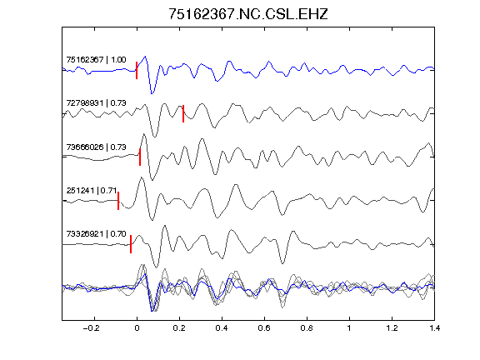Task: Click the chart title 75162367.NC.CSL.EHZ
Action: click(x=248, y=14)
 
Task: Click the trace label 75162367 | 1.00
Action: click(x=96, y=59)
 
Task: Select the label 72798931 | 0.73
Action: click(x=96, y=102)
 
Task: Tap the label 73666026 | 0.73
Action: click(x=96, y=147)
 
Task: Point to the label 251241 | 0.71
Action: click(x=92, y=190)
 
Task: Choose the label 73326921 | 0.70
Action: click(x=96, y=234)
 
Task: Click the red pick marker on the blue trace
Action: click(x=137, y=70)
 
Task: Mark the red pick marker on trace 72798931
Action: click(x=183, y=113)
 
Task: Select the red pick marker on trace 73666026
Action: click(x=140, y=157)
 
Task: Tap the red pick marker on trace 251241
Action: click(x=118, y=201)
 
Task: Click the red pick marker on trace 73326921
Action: click(x=131, y=244)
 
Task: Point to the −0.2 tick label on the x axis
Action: click(x=91, y=328)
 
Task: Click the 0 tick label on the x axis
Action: click(x=137, y=328)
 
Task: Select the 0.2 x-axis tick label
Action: click(x=179, y=328)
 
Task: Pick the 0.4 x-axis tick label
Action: click(x=222, y=328)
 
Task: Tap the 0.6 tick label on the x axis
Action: click(x=264, y=328)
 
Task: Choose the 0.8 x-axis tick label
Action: click(x=307, y=328)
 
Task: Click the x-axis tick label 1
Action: click(x=349, y=328)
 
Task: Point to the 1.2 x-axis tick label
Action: click(x=392, y=328)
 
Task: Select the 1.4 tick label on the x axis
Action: click(x=434, y=328)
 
